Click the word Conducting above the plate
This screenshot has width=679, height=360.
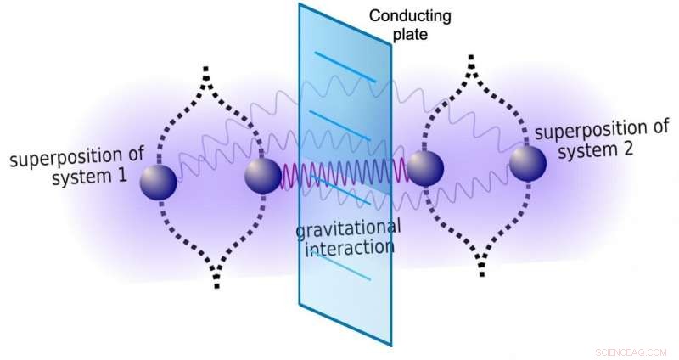(411, 16)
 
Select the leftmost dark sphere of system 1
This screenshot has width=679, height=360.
(158, 182)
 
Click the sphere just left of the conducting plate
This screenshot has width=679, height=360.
(263, 176)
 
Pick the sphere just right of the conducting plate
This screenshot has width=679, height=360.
(425, 169)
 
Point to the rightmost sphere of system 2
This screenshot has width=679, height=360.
(528, 162)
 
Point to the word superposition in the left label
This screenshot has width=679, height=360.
(73, 156)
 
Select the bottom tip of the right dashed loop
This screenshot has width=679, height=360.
(483, 272)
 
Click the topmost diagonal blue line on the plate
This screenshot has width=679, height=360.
(346, 66)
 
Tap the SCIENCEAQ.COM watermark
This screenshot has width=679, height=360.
(631, 348)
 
